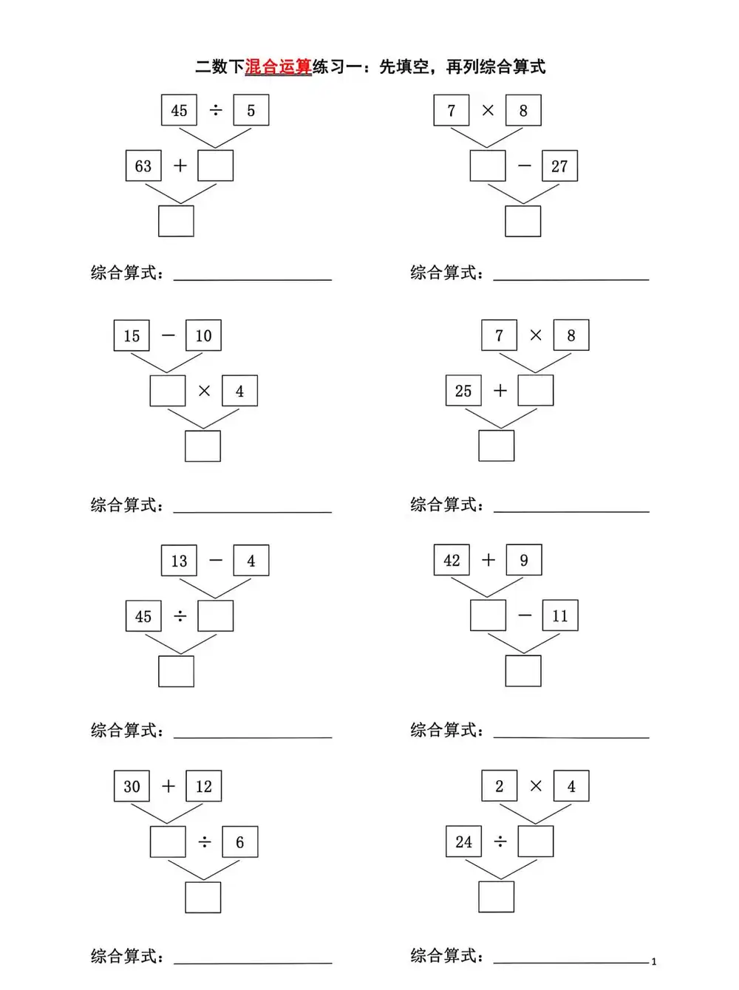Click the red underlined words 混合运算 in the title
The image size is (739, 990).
click(278, 67)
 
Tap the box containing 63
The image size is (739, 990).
click(143, 166)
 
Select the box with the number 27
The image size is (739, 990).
click(559, 166)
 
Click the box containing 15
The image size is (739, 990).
click(132, 335)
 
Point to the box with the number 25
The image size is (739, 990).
click(463, 391)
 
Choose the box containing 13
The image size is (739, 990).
click(179, 561)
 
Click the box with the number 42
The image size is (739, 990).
click(452, 560)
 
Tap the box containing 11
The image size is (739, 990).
click(560, 616)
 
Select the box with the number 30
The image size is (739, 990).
click(132, 786)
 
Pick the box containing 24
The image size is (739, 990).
click(463, 841)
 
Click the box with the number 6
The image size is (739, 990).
click(239, 842)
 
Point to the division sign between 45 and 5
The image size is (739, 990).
click(215, 110)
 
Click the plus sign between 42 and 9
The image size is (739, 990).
click(488, 560)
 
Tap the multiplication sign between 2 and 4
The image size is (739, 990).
click(536, 786)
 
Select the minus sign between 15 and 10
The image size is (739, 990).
click(168, 335)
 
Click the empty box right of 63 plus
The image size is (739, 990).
click(215, 166)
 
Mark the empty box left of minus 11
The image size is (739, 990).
click(488, 615)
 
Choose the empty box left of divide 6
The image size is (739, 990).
click(168, 842)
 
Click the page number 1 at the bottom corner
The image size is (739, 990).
click(653, 962)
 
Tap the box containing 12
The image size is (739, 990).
click(203, 786)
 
